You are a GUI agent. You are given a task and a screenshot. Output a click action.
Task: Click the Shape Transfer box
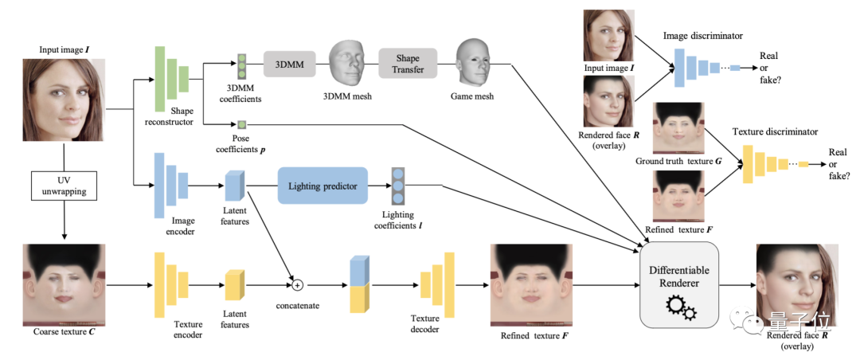point(408,62)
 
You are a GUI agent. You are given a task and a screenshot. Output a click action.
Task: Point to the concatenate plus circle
point(298,284)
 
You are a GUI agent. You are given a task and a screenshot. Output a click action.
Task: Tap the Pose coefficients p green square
point(240,124)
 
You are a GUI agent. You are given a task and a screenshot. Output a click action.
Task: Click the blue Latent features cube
point(234,186)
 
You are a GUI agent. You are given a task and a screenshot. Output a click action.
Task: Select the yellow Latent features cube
point(234,284)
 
